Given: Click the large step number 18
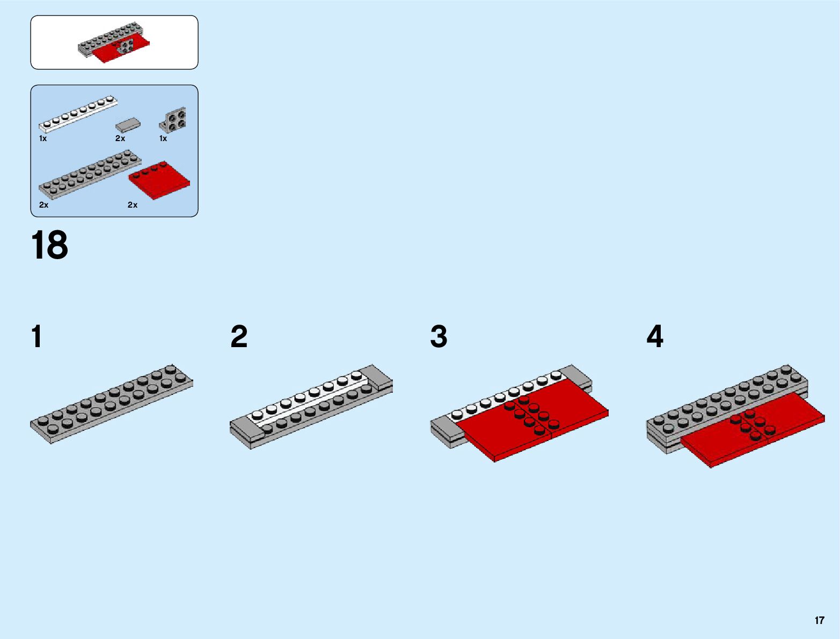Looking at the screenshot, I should [x=49, y=245].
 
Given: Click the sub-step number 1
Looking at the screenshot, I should [x=36, y=337].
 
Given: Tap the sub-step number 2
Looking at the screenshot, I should [x=239, y=337].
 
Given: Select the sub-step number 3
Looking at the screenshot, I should [x=439, y=337].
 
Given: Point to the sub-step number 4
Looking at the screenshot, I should [x=655, y=337].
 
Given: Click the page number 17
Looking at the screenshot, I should [x=819, y=620].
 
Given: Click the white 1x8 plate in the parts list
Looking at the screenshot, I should [x=78, y=114].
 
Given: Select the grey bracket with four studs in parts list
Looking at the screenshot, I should [x=174, y=120].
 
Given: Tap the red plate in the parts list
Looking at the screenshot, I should [x=159, y=179].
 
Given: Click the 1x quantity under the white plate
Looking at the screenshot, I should [x=43, y=138].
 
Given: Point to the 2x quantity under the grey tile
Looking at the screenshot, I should [x=120, y=138].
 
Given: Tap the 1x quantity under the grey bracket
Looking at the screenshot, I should [x=163, y=138].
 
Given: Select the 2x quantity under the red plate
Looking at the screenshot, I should [x=133, y=205].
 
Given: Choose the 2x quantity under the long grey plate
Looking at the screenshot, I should [x=44, y=205].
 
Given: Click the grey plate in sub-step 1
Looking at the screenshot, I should [x=112, y=403].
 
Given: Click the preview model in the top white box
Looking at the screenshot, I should [x=114, y=46].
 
